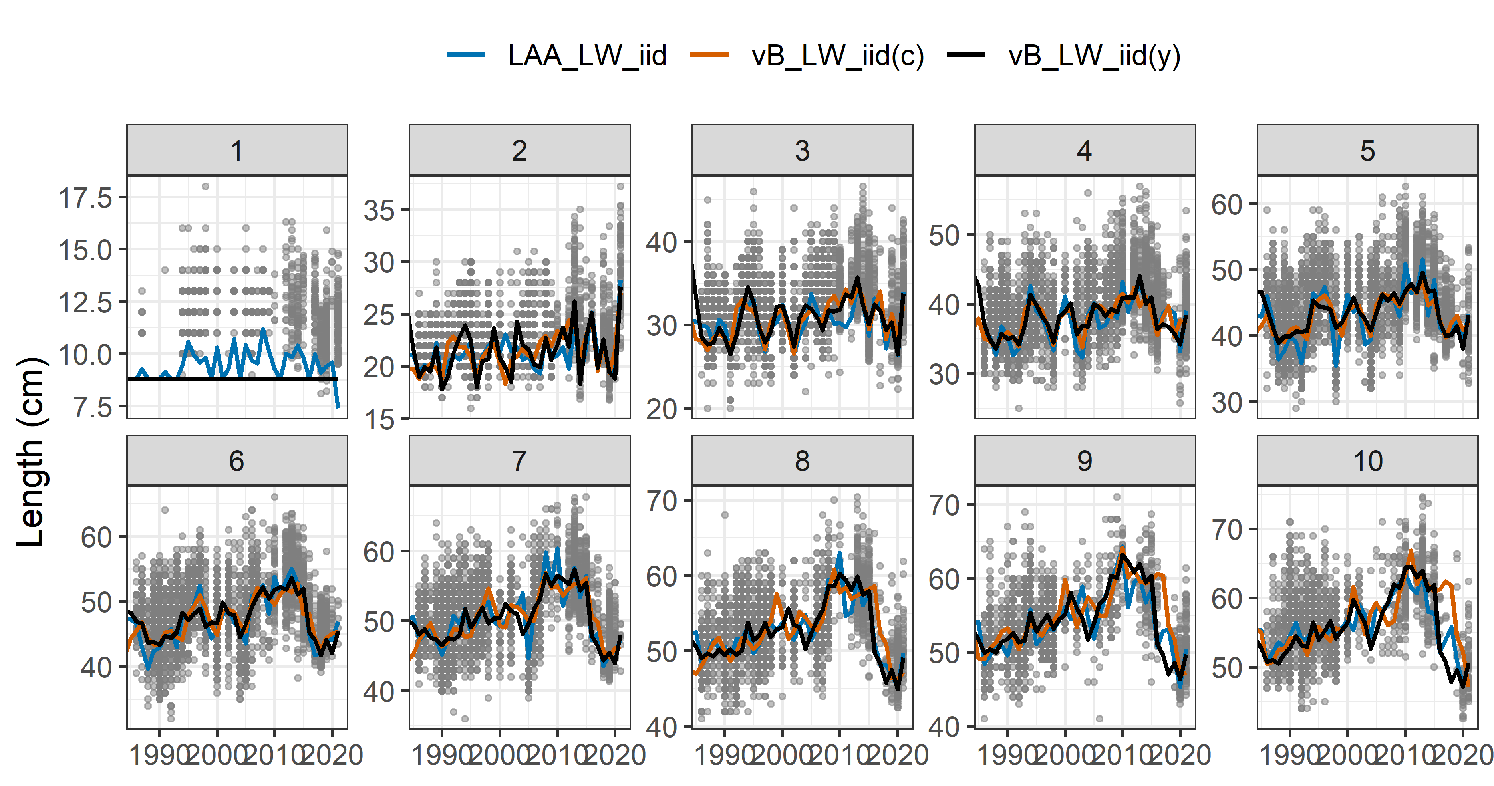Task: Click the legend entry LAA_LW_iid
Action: (586, 56)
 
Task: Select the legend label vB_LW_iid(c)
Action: (837, 56)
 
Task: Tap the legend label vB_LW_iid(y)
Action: (1094, 56)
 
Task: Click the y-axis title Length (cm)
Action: (30, 451)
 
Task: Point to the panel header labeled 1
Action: (236, 150)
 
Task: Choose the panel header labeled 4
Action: (1085, 150)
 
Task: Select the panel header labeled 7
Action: (519, 460)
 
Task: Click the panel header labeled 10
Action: (1367, 460)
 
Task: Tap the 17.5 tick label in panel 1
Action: (85, 198)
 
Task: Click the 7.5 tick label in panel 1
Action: (93, 407)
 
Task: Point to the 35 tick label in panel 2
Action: (379, 210)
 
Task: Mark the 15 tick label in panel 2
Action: (379, 419)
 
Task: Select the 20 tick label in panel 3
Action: (662, 409)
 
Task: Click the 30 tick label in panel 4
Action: (944, 375)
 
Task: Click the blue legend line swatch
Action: (466, 55)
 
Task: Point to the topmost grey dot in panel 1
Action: (205, 186)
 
